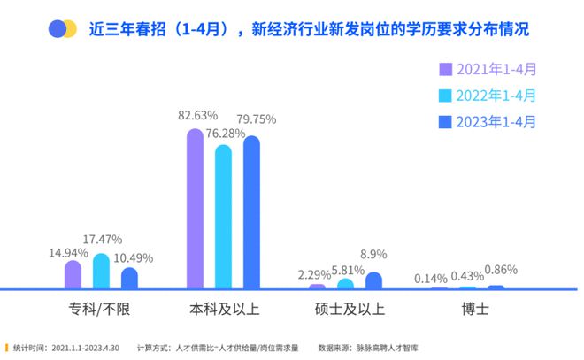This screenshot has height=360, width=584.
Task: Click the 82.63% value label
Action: [196, 116]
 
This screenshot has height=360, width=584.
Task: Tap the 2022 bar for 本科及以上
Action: [223, 217]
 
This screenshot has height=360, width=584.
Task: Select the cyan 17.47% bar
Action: [101, 271]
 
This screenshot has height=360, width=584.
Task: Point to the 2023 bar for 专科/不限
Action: [129, 278]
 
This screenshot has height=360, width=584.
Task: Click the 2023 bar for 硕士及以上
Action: [373, 280]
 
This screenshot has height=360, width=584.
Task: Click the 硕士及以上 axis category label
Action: [350, 310]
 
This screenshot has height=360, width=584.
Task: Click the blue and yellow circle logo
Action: [63, 29]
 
